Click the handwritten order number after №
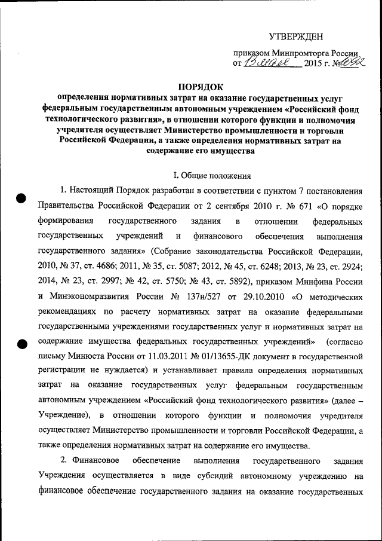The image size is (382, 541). (352, 61)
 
